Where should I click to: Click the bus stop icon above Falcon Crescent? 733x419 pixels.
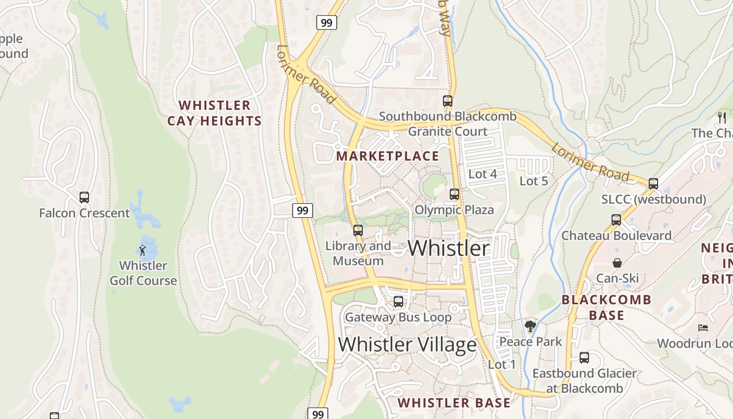[84, 197]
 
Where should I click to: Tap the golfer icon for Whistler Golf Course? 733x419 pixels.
[142, 250]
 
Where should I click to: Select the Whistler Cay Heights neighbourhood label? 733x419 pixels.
[214, 113]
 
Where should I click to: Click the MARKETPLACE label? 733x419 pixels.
[387, 156]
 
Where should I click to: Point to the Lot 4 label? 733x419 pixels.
[482, 174]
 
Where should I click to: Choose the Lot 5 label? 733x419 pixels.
[534, 181]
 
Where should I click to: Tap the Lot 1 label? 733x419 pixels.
[502, 364]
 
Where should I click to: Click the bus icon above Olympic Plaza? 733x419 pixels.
[454, 194]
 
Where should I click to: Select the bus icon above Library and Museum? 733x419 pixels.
[358, 230]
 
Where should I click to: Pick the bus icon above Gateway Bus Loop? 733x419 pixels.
[398, 302]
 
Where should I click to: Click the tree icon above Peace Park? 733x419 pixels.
[530, 326]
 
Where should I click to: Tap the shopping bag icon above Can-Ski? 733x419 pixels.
[617, 263]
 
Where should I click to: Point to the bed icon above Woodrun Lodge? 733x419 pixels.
[703, 328]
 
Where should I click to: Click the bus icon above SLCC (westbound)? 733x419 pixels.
[653, 184]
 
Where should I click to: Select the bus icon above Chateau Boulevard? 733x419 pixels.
[616, 220]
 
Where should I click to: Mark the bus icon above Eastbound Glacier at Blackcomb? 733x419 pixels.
[584, 358]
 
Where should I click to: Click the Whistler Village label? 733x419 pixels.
[407, 345]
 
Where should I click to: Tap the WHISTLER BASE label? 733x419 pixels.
[453, 403]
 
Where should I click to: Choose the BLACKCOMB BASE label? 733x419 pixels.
[606, 307]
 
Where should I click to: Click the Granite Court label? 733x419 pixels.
[448, 131]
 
